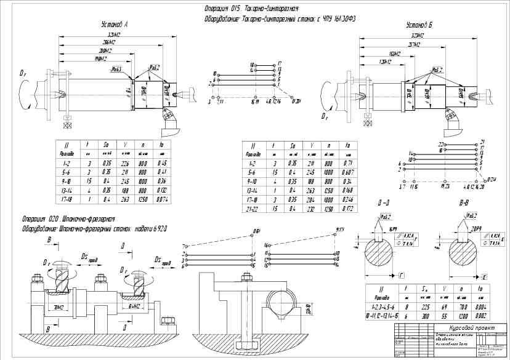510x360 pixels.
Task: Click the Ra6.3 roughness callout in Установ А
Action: (111, 71)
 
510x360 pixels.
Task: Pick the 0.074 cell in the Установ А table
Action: (163, 200)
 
